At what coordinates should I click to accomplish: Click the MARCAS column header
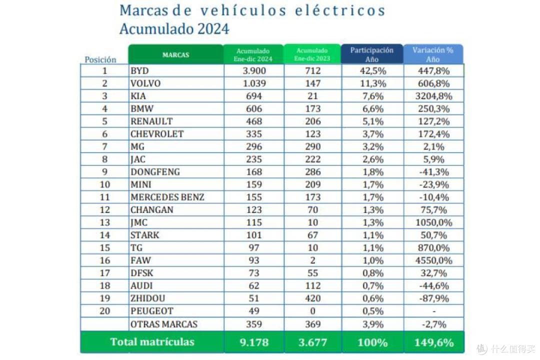point(175,55)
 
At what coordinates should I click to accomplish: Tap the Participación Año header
point(372,54)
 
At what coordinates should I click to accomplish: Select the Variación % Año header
point(433,54)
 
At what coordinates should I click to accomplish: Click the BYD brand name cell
point(139,70)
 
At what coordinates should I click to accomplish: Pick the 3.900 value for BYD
point(254,70)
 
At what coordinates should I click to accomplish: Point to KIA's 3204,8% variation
point(433,96)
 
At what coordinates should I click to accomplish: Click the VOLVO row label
point(145,83)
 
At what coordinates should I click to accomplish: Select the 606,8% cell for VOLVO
point(433,83)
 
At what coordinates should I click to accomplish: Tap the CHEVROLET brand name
point(157,134)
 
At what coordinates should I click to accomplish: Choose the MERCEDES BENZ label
point(167,197)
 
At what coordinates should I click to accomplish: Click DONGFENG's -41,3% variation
point(434,172)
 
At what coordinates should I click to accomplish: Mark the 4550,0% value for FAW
point(433,260)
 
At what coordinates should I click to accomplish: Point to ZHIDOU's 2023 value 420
point(312,298)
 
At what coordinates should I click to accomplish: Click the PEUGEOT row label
point(152,311)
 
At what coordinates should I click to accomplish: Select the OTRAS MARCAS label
point(164,324)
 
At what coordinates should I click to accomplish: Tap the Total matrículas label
point(152,341)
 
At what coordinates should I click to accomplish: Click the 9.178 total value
point(254,342)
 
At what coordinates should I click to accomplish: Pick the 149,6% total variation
point(434,342)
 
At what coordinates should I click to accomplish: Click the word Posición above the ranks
point(100,59)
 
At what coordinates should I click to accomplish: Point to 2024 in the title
point(213,28)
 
